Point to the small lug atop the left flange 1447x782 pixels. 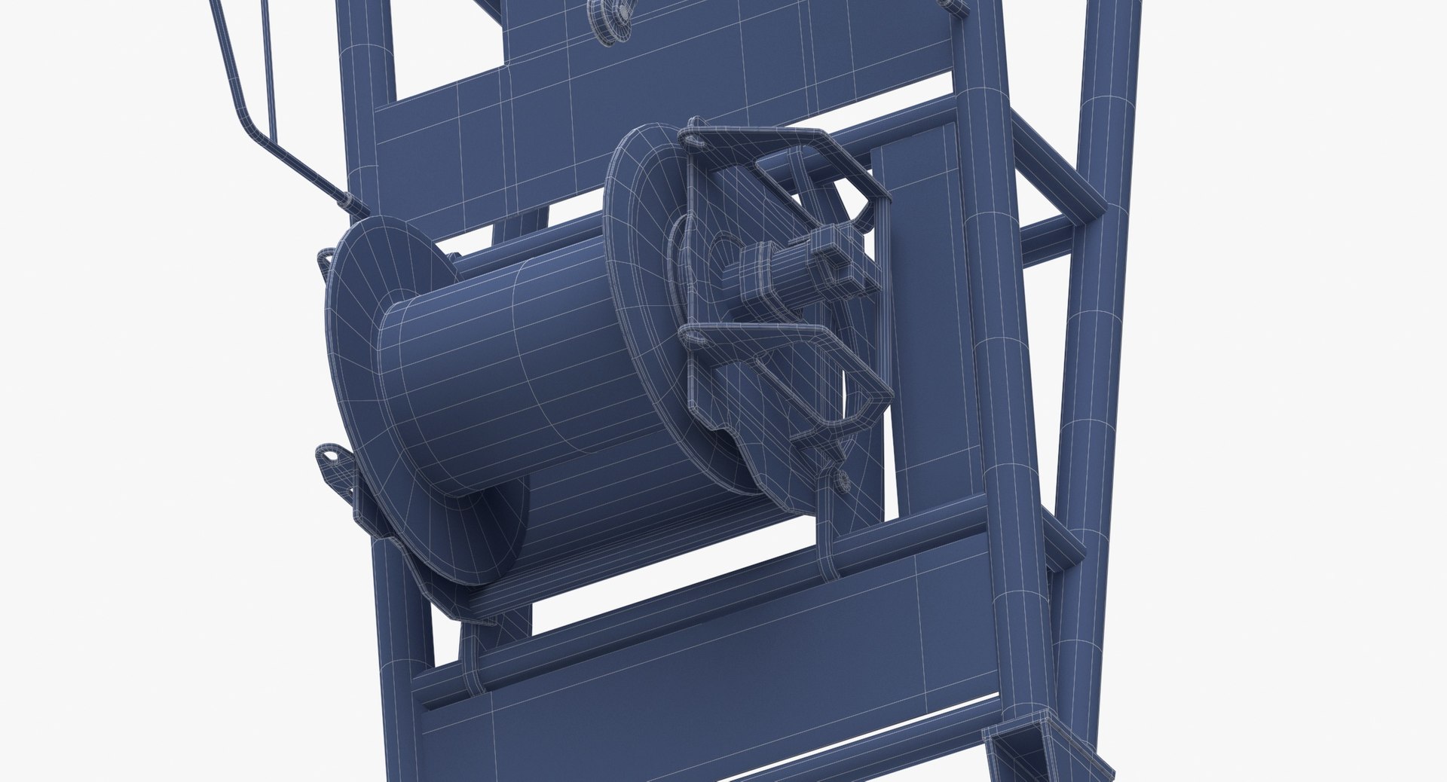pos(328,258)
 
